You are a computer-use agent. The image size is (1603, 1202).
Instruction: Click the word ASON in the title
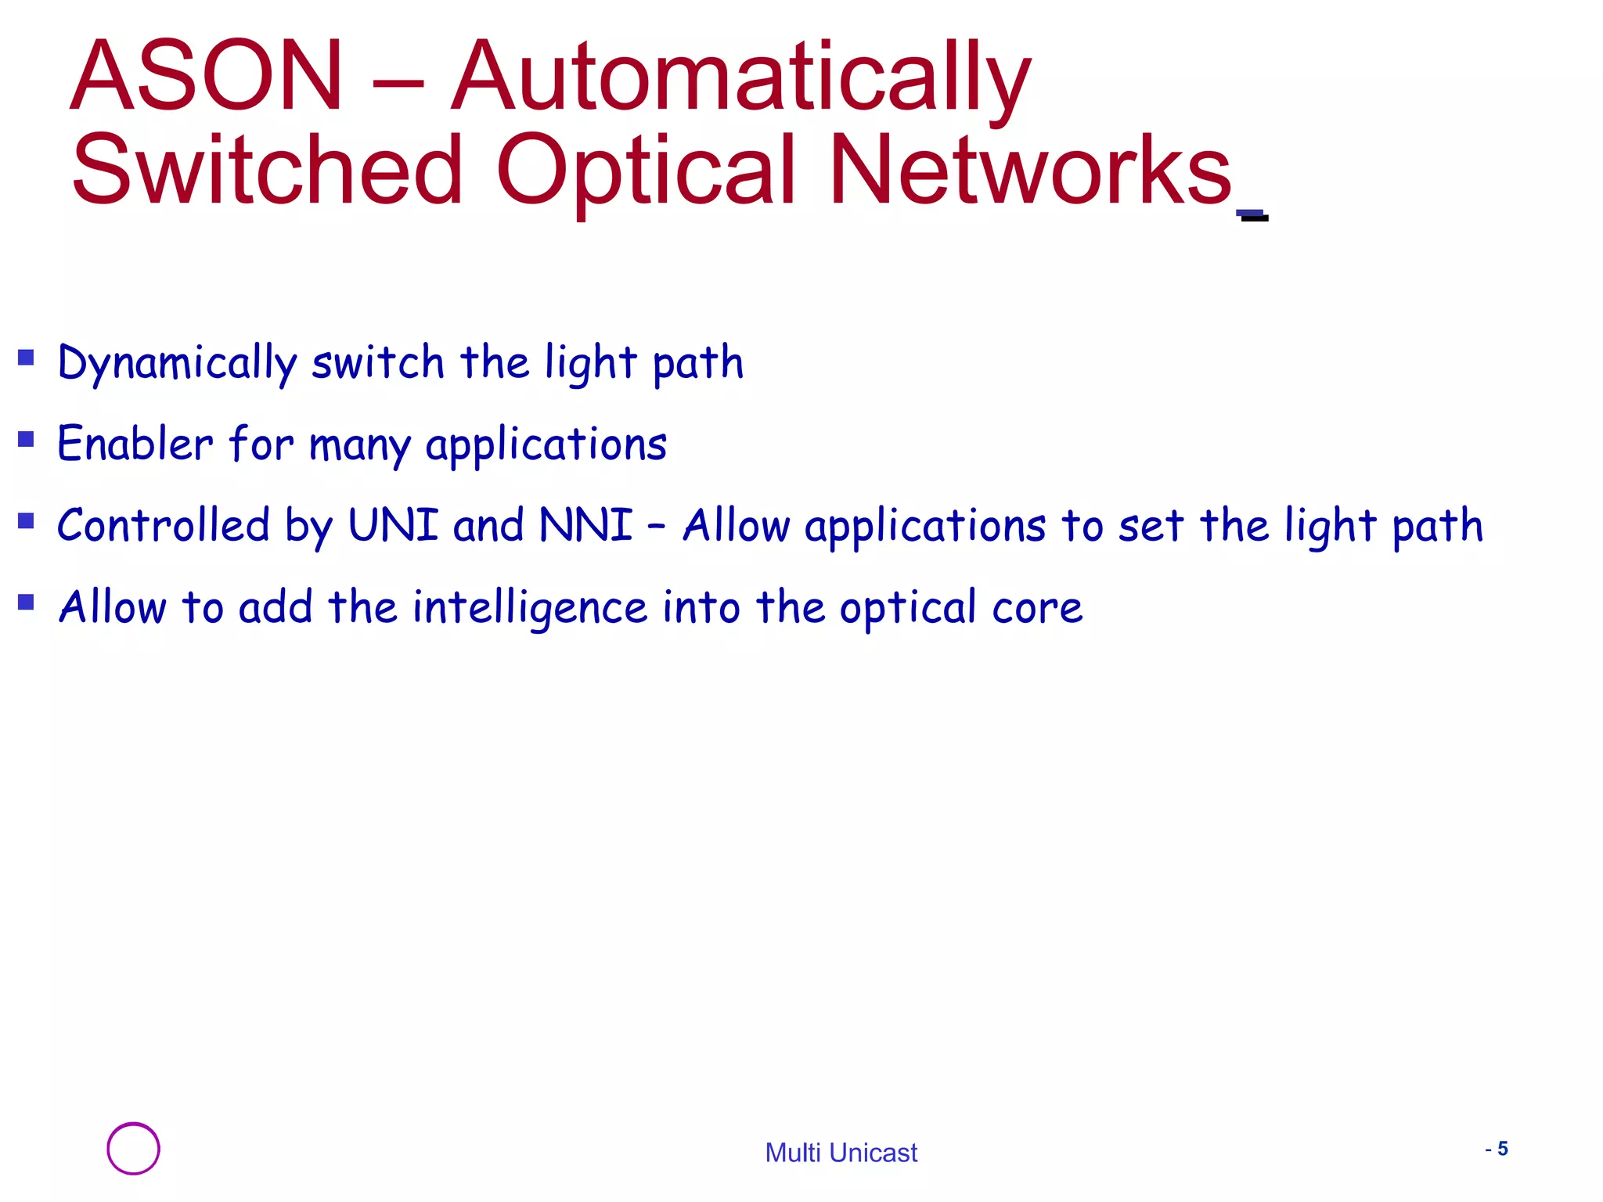[x=206, y=76]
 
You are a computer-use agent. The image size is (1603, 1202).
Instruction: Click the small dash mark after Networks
[x=1252, y=215]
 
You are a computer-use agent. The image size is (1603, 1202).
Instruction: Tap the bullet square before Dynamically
[x=27, y=358]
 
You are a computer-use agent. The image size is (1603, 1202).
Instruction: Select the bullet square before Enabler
[x=27, y=439]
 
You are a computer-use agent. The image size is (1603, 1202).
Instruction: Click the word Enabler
[x=135, y=444]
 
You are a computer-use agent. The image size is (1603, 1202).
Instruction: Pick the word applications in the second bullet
[x=546, y=446]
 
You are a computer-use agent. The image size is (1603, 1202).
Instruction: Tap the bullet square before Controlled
[x=27, y=521]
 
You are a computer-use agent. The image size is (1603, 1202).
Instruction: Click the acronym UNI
[x=393, y=524]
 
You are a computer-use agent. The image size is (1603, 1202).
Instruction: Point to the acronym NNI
[x=585, y=524]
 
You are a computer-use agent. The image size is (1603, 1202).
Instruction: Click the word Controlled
[x=163, y=524]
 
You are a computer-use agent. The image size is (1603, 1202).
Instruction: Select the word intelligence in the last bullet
[x=530, y=609]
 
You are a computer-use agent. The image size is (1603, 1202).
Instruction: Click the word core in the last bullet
[x=1037, y=608]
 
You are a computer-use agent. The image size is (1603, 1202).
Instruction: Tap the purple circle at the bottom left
[x=133, y=1149]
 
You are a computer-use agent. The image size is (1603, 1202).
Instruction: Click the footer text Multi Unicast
[x=841, y=1153]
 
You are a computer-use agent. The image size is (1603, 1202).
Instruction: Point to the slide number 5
[x=1502, y=1149]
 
